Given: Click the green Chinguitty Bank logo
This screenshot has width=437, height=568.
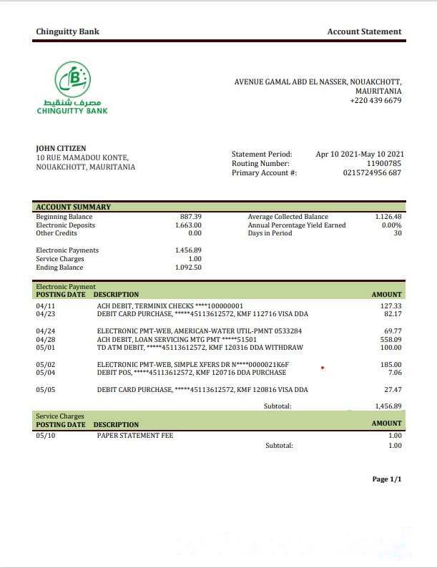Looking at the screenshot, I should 72,89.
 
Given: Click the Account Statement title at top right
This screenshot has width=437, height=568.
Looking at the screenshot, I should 364,31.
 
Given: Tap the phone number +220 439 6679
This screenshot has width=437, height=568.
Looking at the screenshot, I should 375,101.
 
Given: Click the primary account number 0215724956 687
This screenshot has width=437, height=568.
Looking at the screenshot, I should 372,173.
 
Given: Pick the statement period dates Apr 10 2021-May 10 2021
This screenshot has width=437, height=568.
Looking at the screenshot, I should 360,154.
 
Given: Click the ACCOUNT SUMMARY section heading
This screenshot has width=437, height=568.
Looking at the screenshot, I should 74,207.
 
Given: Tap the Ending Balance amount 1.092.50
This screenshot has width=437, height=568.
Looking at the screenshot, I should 188,268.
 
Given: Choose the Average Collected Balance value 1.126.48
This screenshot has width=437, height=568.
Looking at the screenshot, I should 388,217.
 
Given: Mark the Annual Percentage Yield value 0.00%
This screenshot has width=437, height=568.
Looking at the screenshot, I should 391,225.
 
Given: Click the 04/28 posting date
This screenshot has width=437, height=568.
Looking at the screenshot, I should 45,340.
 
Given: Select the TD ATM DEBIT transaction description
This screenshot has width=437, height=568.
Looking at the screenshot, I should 200,348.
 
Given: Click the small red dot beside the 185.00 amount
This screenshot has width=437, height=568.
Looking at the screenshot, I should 323,368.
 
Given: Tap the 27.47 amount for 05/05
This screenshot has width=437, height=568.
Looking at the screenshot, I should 393,390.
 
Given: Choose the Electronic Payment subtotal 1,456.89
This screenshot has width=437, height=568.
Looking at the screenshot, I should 388,406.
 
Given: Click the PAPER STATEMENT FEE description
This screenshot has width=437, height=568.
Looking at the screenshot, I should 134,435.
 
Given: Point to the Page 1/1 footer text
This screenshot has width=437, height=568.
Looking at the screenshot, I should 387,479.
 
